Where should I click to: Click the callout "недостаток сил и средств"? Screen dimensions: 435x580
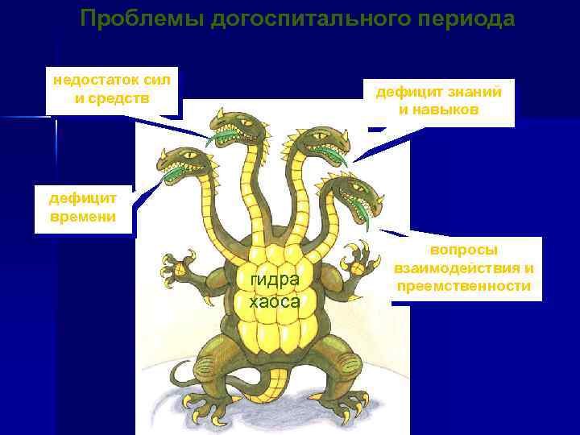[x=112, y=90]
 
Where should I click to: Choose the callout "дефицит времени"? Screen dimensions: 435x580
[x=83, y=208]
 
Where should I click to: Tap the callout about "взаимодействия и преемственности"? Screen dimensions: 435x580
[x=464, y=268]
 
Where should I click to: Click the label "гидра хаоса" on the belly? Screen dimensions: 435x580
[x=275, y=291]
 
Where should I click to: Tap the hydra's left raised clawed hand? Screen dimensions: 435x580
[x=181, y=266]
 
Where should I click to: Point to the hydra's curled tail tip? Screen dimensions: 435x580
[x=180, y=373]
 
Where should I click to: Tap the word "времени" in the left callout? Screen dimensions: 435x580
[x=83, y=217]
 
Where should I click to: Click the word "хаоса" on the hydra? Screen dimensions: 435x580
[x=275, y=302]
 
